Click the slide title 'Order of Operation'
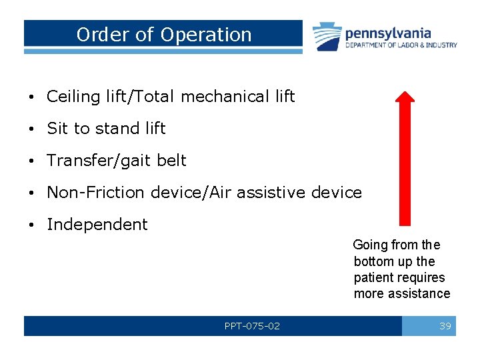[x=164, y=35]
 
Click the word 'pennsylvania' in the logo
[x=388, y=33]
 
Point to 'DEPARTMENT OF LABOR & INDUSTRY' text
[x=401, y=45]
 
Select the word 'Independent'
[x=97, y=225]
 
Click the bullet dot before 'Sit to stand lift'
[x=32, y=129]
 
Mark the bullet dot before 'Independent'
[x=32, y=225]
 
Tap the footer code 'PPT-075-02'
[x=252, y=326]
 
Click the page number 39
[x=445, y=326]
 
